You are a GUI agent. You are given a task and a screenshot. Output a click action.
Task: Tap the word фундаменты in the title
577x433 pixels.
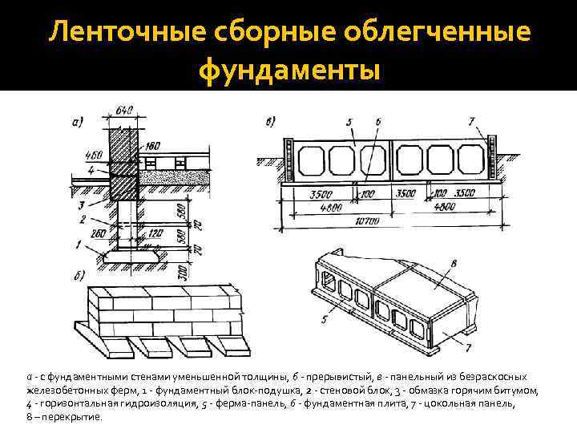tap(288, 71)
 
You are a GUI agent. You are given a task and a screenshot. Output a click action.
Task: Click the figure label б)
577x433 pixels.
tap(79, 277)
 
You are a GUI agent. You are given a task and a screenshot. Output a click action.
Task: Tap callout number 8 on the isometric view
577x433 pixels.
tap(454, 261)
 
